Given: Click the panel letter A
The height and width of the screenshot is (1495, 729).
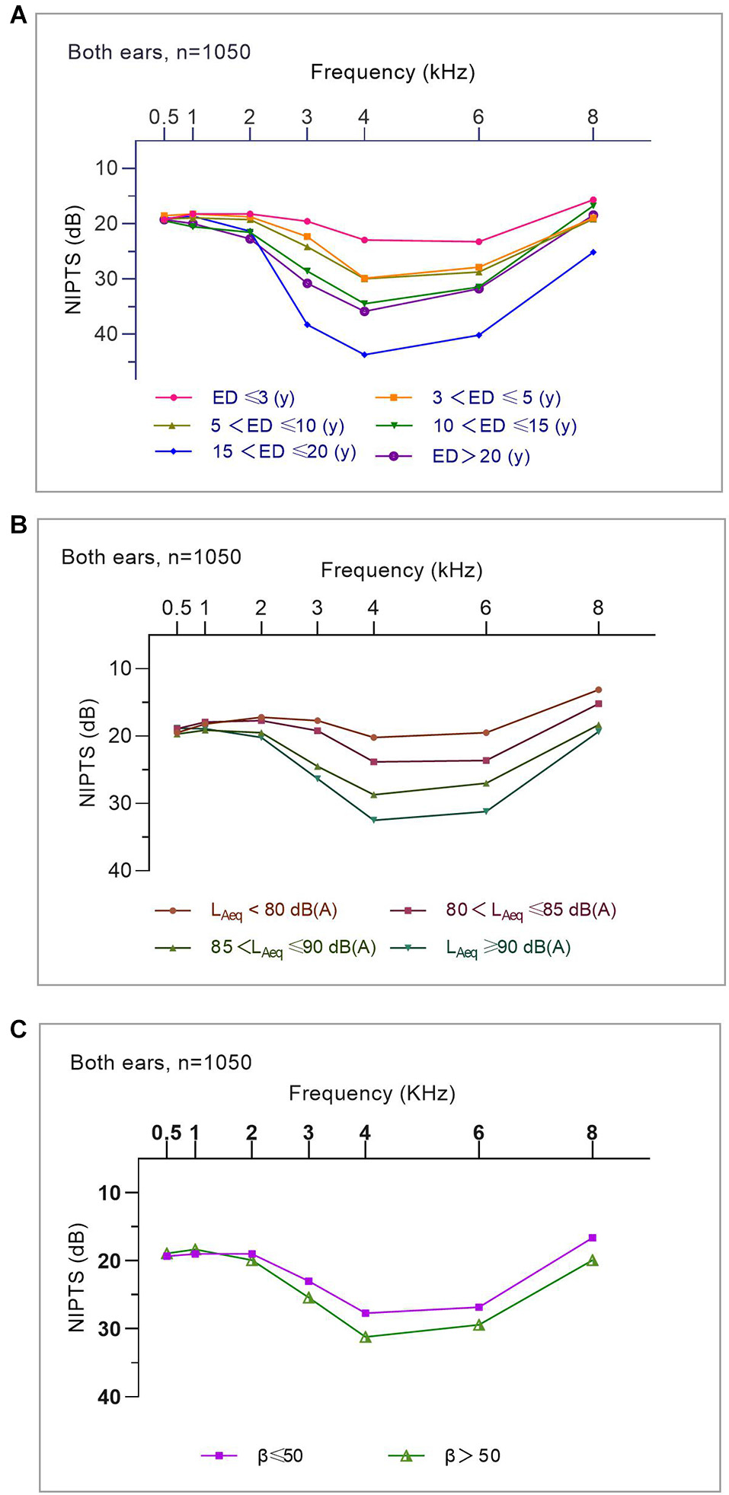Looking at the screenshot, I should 18,15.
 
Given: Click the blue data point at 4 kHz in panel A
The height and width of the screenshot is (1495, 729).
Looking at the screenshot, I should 364,355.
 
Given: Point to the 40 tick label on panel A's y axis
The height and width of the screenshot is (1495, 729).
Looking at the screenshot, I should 106,334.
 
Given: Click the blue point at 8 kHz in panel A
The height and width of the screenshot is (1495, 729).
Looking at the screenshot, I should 593,252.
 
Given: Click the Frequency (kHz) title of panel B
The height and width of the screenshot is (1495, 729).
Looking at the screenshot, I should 401,570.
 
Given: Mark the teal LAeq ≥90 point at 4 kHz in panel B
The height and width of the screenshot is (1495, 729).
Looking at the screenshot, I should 373,820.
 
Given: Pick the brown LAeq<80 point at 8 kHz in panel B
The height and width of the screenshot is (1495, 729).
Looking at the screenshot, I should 598,690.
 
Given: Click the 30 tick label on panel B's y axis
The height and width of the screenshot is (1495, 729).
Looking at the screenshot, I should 120,803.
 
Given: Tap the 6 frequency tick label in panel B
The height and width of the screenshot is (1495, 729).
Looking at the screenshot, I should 485,607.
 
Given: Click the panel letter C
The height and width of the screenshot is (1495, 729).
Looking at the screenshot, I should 18,1029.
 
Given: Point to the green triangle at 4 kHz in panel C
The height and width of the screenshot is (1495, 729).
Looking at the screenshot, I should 365,1337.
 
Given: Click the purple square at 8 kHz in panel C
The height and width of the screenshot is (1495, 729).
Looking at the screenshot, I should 592,1238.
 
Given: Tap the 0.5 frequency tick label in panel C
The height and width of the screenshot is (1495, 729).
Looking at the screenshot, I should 166,1133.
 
